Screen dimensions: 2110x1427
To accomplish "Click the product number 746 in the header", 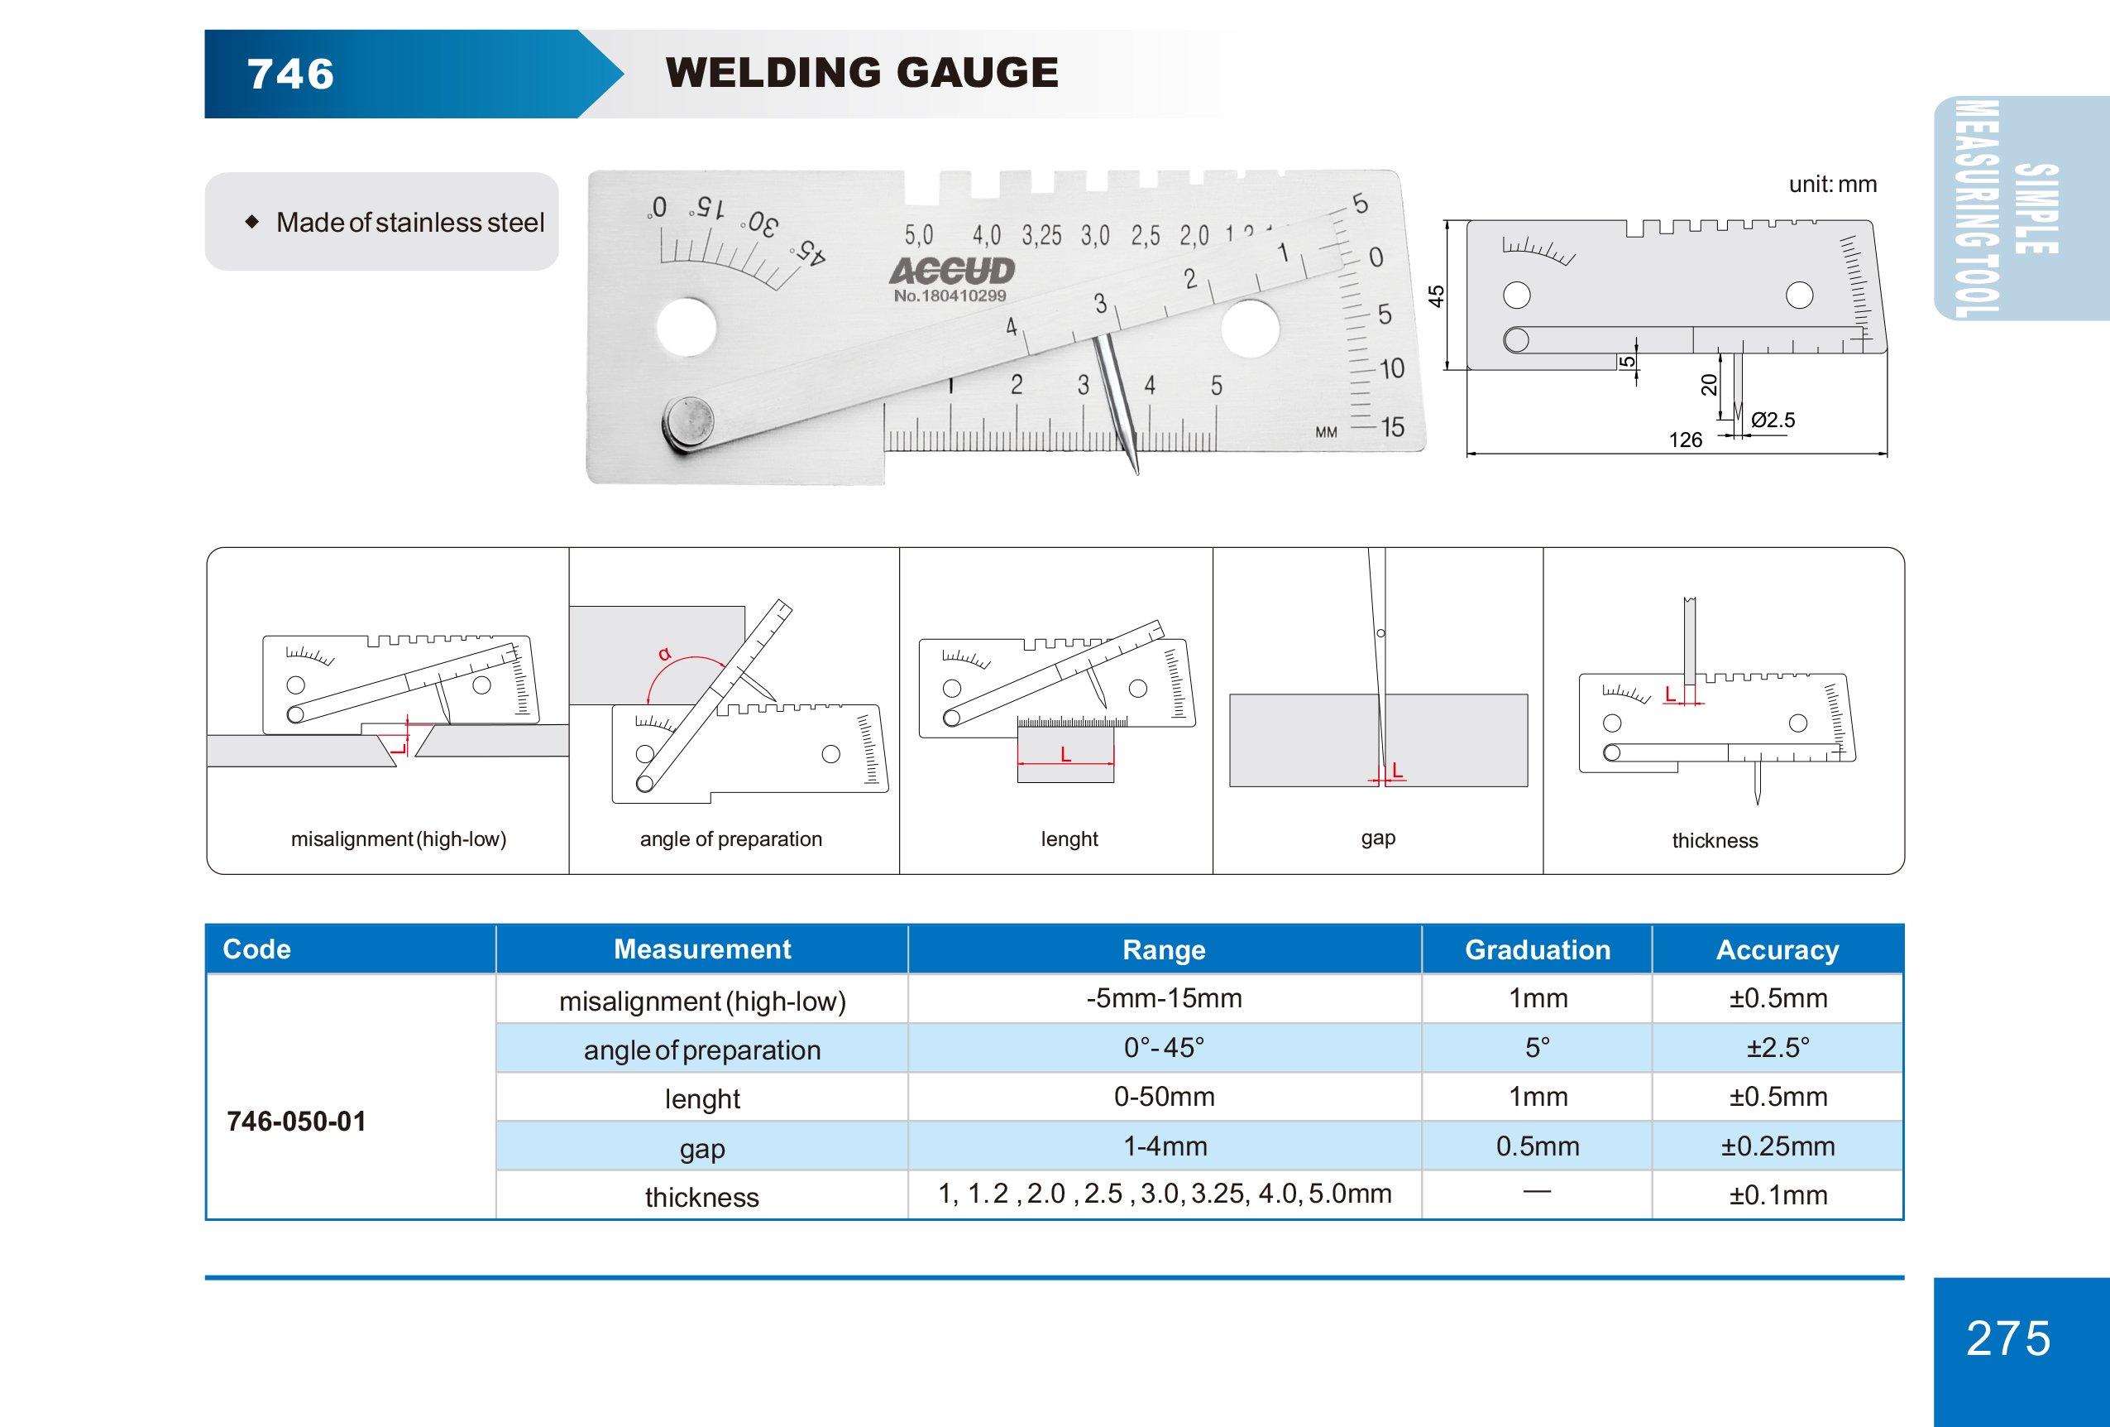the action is point(290,74).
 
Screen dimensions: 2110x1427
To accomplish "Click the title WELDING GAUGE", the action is point(862,73).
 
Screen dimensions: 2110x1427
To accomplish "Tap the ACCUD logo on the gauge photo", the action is point(951,271).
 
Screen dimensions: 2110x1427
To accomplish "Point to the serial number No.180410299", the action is point(950,296).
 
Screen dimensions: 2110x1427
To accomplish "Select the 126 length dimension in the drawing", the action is point(1685,440).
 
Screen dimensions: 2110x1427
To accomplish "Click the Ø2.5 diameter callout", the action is point(1773,420).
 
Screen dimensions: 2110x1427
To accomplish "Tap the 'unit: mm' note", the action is point(1832,185).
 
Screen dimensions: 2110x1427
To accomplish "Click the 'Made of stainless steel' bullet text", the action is point(409,223).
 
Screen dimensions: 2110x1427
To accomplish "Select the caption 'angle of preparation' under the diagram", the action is point(731,839).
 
